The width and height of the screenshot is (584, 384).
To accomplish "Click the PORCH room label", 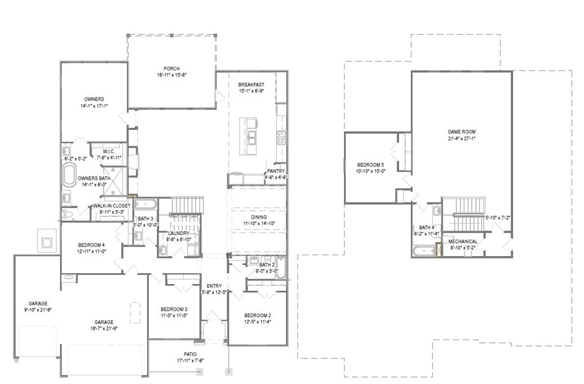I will pos(172,68).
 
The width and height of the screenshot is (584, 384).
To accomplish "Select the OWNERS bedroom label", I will pos(94,99).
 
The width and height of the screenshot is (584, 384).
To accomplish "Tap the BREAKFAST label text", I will pos(251,85).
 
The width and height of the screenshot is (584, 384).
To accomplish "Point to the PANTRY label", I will pos(276,171).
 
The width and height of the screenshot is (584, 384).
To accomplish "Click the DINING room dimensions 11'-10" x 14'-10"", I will pos(259,224).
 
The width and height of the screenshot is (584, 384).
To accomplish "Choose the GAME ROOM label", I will pos(462,131).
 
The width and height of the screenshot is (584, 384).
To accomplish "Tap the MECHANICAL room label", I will pos(463,241).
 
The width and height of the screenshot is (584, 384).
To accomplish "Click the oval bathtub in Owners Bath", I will pos(70,174).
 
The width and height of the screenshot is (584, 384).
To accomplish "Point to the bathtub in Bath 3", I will pos(144,204).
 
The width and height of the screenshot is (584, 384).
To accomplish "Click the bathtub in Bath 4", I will pos(424,250).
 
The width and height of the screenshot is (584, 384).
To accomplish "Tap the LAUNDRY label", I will pos(179,233).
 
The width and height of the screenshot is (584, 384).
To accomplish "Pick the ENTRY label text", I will pos(214,286).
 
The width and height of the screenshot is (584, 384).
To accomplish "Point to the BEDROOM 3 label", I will pos(174,309).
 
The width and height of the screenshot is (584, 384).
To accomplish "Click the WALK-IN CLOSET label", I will pos(112,205).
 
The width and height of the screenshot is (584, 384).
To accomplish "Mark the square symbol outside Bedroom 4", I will pos(47,242).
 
